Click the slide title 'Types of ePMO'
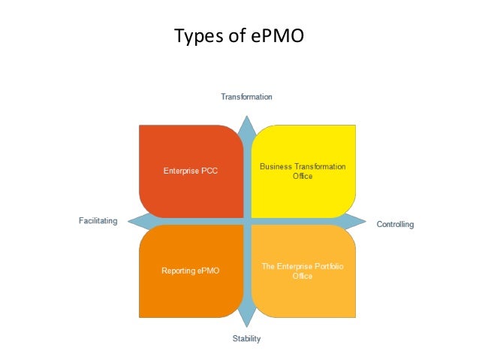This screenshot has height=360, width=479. (239, 35)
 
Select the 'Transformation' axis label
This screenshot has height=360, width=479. (246, 97)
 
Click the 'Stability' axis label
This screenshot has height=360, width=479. (246, 339)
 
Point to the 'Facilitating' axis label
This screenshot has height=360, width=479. (98, 221)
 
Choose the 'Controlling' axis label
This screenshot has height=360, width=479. (395, 224)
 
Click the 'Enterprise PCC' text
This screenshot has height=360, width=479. (191, 171)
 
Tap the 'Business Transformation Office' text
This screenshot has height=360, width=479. (303, 171)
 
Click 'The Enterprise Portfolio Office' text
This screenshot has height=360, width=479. (303, 271)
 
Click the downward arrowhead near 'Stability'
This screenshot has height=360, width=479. (246, 323)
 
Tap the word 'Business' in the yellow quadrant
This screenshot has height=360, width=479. (276, 166)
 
